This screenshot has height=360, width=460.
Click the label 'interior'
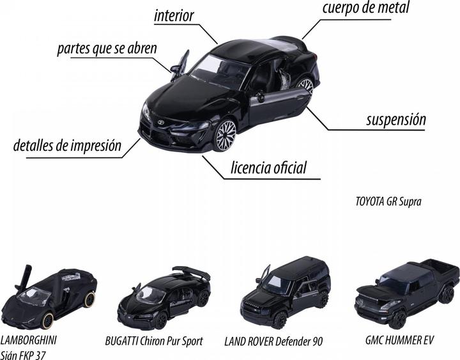point(174,15)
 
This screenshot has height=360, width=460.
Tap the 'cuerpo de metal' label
point(365,8)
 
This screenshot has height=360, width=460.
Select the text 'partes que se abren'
point(107,49)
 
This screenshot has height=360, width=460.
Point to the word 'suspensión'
point(396,120)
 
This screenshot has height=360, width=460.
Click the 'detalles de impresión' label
point(67,145)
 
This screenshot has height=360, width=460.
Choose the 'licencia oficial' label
point(268,168)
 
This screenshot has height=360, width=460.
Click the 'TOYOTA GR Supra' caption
point(388,201)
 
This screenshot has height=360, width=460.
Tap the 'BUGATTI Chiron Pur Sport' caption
point(154,341)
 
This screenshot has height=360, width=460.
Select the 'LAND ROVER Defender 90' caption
point(273,341)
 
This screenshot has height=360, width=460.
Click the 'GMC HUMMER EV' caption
point(399,340)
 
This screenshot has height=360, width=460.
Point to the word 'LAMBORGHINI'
point(29,340)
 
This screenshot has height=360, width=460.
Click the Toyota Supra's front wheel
point(226,136)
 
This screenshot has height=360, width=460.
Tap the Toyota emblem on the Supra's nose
point(160,122)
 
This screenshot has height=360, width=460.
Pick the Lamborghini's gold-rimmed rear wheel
point(89,299)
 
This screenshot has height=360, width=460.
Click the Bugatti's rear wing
point(191,273)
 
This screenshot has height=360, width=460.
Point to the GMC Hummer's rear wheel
point(447,295)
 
